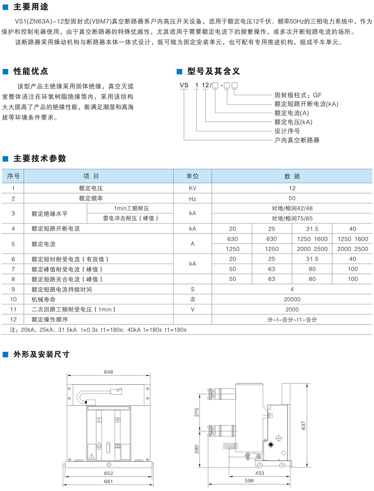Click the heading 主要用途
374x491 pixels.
click(x=31, y=7)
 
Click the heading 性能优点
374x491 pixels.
click(x=31, y=71)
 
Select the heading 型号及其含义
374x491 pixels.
click(x=214, y=71)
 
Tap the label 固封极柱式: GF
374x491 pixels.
click(x=298, y=95)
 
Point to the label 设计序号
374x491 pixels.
click(x=287, y=131)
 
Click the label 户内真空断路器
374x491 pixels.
click(x=297, y=140)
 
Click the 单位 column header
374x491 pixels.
click(x=192, y=176)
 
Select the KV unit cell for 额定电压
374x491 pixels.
click(x=192, y=188)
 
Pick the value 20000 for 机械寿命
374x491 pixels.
click(x=292, y=299)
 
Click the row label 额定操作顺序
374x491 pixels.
click(x=50, y=320)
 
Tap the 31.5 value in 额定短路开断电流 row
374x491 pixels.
click(x=312, y=229)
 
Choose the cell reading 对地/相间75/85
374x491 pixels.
click(x=292, y=219)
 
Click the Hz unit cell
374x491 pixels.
click(x=192, y=199)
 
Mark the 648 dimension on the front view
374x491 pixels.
click(x=108, y=372)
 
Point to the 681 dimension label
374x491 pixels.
click(x=108, y=481)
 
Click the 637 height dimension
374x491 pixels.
click(x=304, y=426)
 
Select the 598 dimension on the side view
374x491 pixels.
click(x=249, y=481)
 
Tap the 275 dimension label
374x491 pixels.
click(x=197, y=412)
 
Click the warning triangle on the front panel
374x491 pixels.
click(x=91, y=456)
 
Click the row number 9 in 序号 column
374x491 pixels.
click(x=13, y=289)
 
